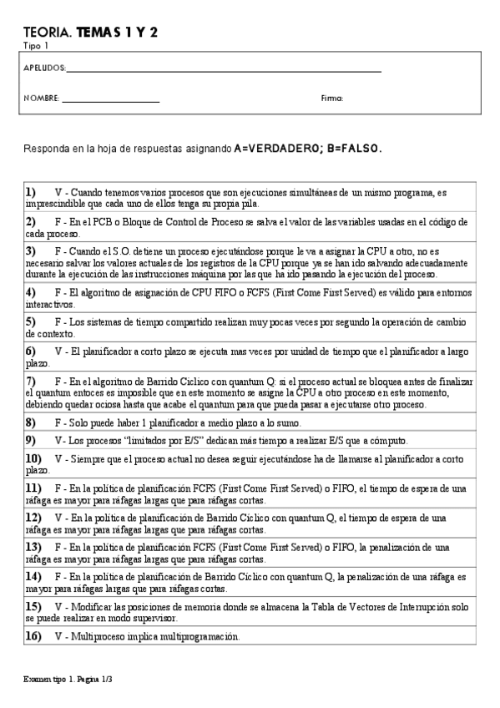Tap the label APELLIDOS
(43, 68)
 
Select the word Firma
(332, 99)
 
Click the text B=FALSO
(354, 149)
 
